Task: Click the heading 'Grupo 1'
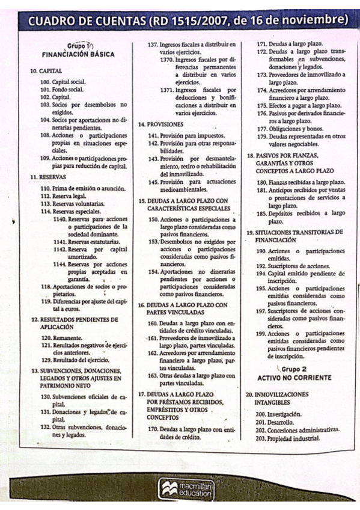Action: pos(79,46)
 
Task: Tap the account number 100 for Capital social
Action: pos(45,81)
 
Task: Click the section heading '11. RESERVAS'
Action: pos(48,177)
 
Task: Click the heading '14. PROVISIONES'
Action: pos(160,124)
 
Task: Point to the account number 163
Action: pos(153,375)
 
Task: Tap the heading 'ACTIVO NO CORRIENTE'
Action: pos(294,378)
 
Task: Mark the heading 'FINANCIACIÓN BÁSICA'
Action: pos(78,54)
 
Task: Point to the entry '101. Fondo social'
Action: pos(61,89)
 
